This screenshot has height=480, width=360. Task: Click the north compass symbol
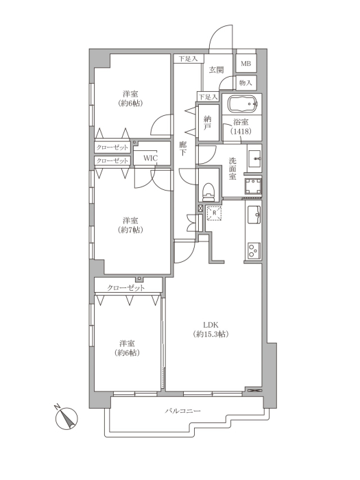point(66,418)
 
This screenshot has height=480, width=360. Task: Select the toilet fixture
point(208,191)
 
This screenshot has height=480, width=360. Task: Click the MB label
point(245,64)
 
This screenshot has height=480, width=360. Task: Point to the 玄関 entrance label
point(216,70)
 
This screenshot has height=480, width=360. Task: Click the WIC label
point(151,158)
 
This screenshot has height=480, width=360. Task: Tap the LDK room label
point(211,325)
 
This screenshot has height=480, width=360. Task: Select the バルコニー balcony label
point(183,411)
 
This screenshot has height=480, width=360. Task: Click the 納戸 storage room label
point(208,123)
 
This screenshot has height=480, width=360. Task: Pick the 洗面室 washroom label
point(232,169)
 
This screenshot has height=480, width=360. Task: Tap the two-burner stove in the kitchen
point(254,250)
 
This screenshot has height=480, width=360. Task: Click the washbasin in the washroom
point(254,158)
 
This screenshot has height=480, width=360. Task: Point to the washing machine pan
point(253,187)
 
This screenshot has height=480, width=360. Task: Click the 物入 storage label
point(245,83)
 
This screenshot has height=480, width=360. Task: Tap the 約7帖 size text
point(131,230)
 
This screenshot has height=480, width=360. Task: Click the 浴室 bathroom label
point(241,122)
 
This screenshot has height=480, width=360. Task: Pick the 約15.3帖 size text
point(211,334)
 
